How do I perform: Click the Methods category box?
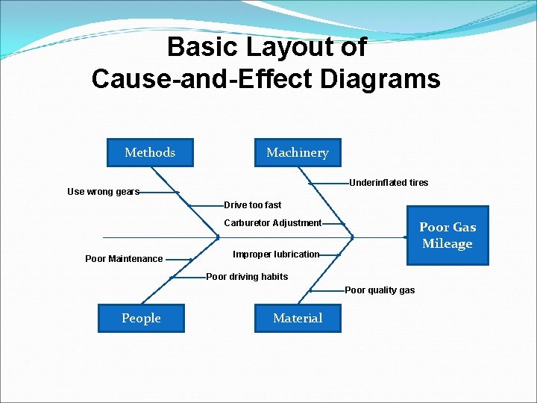tap(150, 152)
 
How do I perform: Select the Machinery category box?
tap(297, 152)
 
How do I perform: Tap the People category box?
tap(141, 318)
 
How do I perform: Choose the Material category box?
tap(298, 318)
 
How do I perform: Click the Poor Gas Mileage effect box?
tap(447, 235)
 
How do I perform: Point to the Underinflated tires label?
tap(389, 183)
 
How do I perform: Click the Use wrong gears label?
tap(103, 192)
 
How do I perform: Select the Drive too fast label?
tap(253, 205)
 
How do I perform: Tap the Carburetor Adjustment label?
tap(273, 223)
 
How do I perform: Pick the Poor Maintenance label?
tap(124, 259)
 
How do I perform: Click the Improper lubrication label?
tap(276, 254)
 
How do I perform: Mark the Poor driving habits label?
tap(247, 277)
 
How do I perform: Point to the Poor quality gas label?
tap(380, 290)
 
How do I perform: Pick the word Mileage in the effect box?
tap(447, 243)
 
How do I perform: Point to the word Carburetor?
tap(247, 223)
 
